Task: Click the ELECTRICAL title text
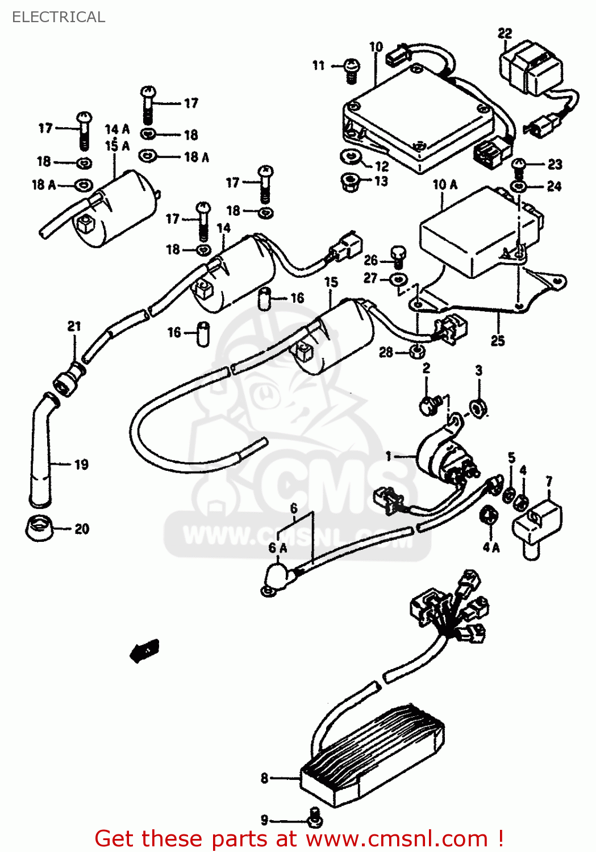tap(59, 17)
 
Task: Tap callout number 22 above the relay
tap(505, 34)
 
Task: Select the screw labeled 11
tap(352, 70)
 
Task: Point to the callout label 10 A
tap(445, 185)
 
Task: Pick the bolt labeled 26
tap(399, 256)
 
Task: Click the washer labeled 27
tap(399, 279)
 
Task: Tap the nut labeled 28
tap(416, 352)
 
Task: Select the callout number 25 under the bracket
tap(498, 341)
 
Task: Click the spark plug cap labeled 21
tap(69, 379)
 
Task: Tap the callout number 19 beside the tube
tap(81, 465)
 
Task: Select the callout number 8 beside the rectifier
tap(265, 778)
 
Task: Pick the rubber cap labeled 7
tap(536, 524)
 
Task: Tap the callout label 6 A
tap(278, 548)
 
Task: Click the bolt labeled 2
tap(431, 404)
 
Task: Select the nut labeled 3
tap(478, 407)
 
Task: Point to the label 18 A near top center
tap(197, 157)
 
